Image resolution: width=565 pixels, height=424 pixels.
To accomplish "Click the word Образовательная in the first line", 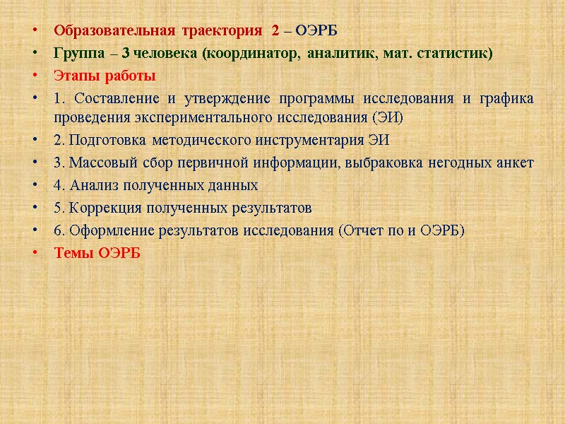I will [114, 31].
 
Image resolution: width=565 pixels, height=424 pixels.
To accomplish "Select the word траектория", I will [221, 31].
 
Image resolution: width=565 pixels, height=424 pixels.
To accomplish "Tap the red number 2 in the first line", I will [275, 31].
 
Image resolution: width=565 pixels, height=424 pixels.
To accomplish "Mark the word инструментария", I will [300, 140].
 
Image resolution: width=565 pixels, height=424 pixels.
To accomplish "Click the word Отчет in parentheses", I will [364, 230].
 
